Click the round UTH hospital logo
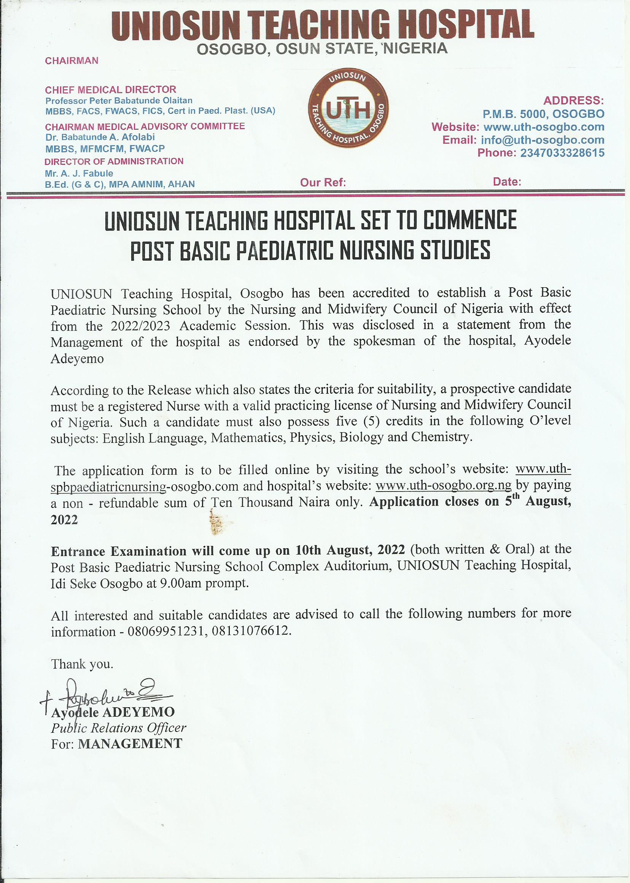tap(348, 110)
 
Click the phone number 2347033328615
tap(562, 153)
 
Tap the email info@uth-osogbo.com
tap(542, 140)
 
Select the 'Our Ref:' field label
tap(323, 182)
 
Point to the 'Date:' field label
tap(507, 181)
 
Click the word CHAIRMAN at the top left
tap(72, 60)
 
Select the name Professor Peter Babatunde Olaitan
tap(119, 100)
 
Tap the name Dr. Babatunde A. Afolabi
tap(100, 137)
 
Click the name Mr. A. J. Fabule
tap(79, 173)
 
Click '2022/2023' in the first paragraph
tap(140, 326)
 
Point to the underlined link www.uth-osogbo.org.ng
tap(444, 485)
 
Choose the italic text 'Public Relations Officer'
tap(118, 728)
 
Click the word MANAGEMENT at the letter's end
tap(130, 743)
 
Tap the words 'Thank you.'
tap(82, 664)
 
